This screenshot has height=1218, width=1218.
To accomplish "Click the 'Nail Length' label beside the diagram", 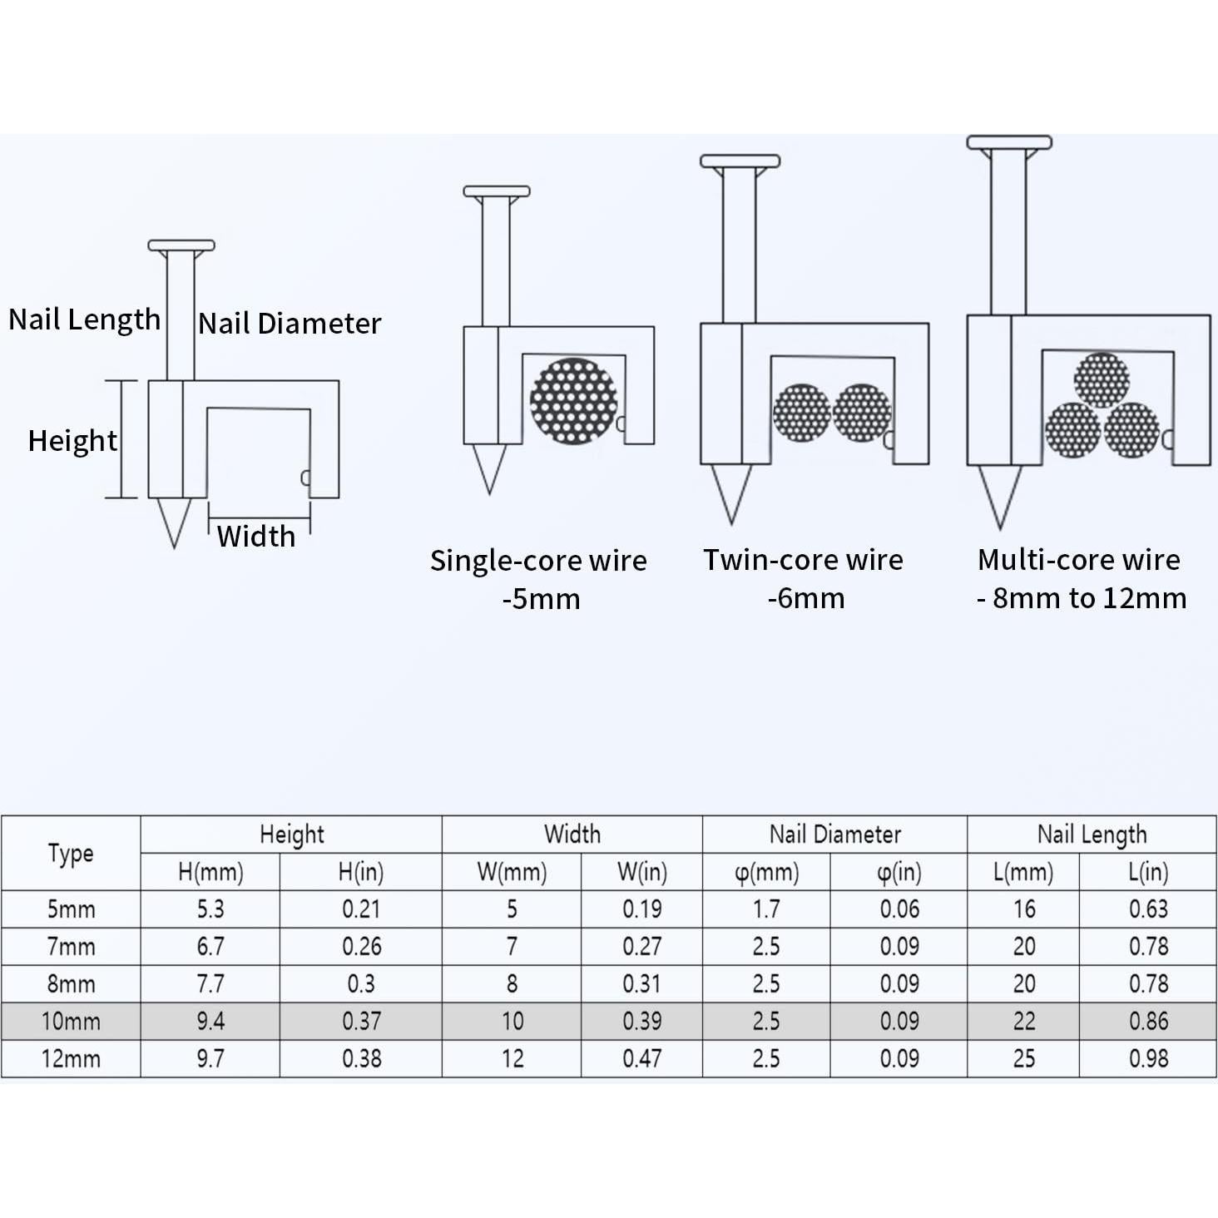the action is point(85,319).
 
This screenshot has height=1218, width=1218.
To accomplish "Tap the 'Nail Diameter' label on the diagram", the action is point(290,324).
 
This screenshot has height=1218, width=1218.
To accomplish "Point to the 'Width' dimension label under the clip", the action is point(256,537).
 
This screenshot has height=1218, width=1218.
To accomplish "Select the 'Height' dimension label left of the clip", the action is point(72,441).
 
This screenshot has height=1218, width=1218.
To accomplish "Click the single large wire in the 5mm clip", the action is point(573,401).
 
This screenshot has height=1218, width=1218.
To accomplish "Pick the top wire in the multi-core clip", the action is point(1101,380).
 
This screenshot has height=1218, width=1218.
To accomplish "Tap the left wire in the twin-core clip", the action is point(801,413).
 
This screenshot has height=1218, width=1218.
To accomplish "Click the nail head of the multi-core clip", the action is point(1009,143).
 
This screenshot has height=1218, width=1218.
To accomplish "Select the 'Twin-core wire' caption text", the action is point(804,560).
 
